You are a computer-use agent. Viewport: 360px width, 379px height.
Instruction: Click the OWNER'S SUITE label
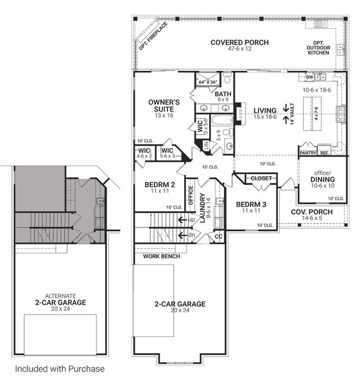click(x=164, y=105)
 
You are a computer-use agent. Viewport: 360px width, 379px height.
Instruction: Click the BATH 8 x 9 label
click(x=223, y=96)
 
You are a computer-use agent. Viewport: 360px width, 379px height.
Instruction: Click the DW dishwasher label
click(x=309, y=78)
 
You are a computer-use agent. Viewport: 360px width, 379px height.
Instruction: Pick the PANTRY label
click(x=307, y=152)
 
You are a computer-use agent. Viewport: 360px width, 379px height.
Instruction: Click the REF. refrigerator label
click(x=324, y=152)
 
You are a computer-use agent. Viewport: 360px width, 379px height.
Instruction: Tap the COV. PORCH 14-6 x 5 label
click(x=312, y=215)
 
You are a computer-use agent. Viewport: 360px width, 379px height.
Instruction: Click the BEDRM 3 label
click(x=249, y=207)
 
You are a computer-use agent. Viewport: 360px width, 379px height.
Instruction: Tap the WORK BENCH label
click(x=162, y=256)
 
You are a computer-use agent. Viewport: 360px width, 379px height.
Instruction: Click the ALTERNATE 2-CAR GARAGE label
click(x=60, y=301)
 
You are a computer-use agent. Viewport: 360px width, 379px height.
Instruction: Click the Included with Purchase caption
click(x=59, y=369)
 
